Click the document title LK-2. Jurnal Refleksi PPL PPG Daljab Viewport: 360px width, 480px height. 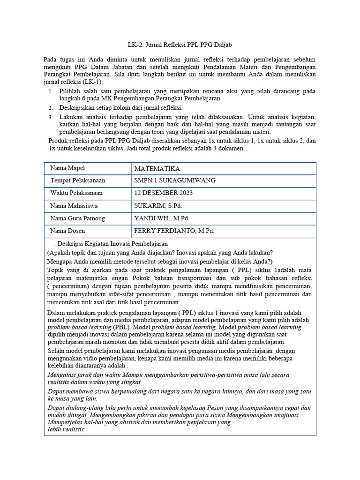point(180,45)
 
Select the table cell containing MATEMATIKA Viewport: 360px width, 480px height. point(157,169)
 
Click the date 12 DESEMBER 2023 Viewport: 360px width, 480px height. point(163,193)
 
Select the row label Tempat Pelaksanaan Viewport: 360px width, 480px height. point(78,180)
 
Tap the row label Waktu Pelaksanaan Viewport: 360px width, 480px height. point(76,193)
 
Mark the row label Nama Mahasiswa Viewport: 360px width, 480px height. point(75,206)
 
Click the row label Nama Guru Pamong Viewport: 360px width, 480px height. point(78,218)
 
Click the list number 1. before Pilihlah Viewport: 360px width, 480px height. point(51,91)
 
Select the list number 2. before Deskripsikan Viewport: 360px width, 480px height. point(51,108)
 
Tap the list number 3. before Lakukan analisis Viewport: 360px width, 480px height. point(51,116)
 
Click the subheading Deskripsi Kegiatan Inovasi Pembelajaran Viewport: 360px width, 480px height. point(112,244)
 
